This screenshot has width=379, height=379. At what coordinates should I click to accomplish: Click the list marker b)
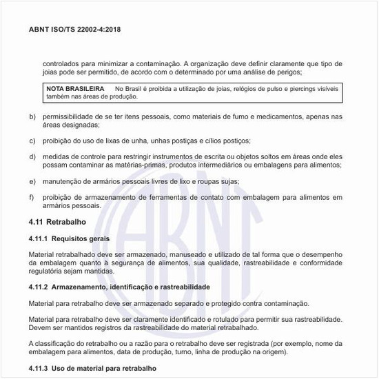pos(32,117)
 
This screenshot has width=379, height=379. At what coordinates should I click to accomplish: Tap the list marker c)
pos(32,141)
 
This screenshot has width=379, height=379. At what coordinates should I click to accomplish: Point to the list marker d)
pos(32,156)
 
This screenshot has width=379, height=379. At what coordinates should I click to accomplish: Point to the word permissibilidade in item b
pos(72,117)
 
